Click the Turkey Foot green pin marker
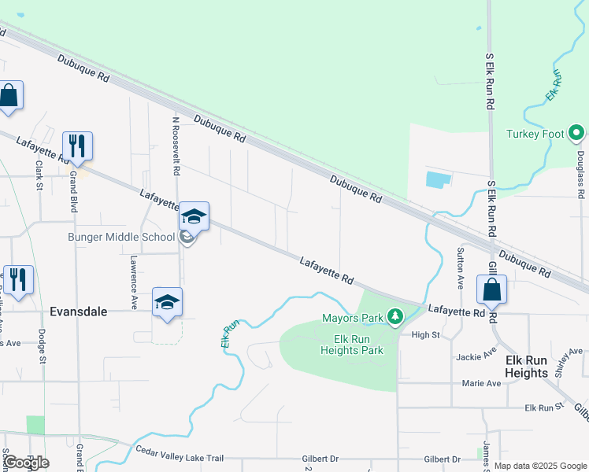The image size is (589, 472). [576, 134]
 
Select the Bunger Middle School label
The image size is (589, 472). [121, 237]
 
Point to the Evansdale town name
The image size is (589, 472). [78, 311]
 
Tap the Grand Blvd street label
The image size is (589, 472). [72, 193]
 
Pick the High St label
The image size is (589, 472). [424, 334]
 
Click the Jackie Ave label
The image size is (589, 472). [477, 355]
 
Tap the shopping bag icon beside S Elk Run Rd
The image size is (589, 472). [492, 289]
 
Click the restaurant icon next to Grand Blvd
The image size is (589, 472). [77, 146]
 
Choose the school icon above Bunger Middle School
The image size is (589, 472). [194, 216]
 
